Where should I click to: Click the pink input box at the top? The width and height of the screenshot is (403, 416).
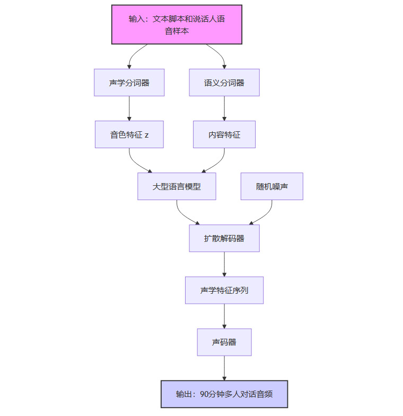pos(177,24)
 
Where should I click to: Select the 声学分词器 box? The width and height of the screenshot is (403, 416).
pos(129,83)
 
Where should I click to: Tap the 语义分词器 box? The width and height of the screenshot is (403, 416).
pos(224,83)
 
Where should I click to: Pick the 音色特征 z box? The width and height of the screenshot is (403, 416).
pos(129,134)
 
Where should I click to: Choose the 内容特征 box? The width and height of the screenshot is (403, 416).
pos(224,134)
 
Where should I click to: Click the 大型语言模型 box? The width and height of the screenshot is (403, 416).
pos(177,186)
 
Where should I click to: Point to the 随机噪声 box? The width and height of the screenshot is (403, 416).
pos(271,186)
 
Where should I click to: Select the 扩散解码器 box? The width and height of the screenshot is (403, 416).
pos(224,238)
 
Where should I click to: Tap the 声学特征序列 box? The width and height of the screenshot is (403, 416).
pos(224,290)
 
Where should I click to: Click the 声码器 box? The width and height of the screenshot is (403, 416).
pos(224,342)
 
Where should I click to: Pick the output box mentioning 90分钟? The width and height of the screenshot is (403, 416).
pos(224,394)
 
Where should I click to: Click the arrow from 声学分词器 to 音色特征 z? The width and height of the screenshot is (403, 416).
pos(129,108)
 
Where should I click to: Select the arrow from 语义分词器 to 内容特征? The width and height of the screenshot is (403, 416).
pos(224,108)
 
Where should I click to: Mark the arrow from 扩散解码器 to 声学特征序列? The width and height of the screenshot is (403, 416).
pos(224,264)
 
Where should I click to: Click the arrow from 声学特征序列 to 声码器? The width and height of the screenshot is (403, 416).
pos(224,316)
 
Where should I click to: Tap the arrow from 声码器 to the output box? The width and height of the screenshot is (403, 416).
pos(224,368)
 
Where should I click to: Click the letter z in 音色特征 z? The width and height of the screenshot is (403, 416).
pos(146,135)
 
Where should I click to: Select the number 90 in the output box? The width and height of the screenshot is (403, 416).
pos(205,394)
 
